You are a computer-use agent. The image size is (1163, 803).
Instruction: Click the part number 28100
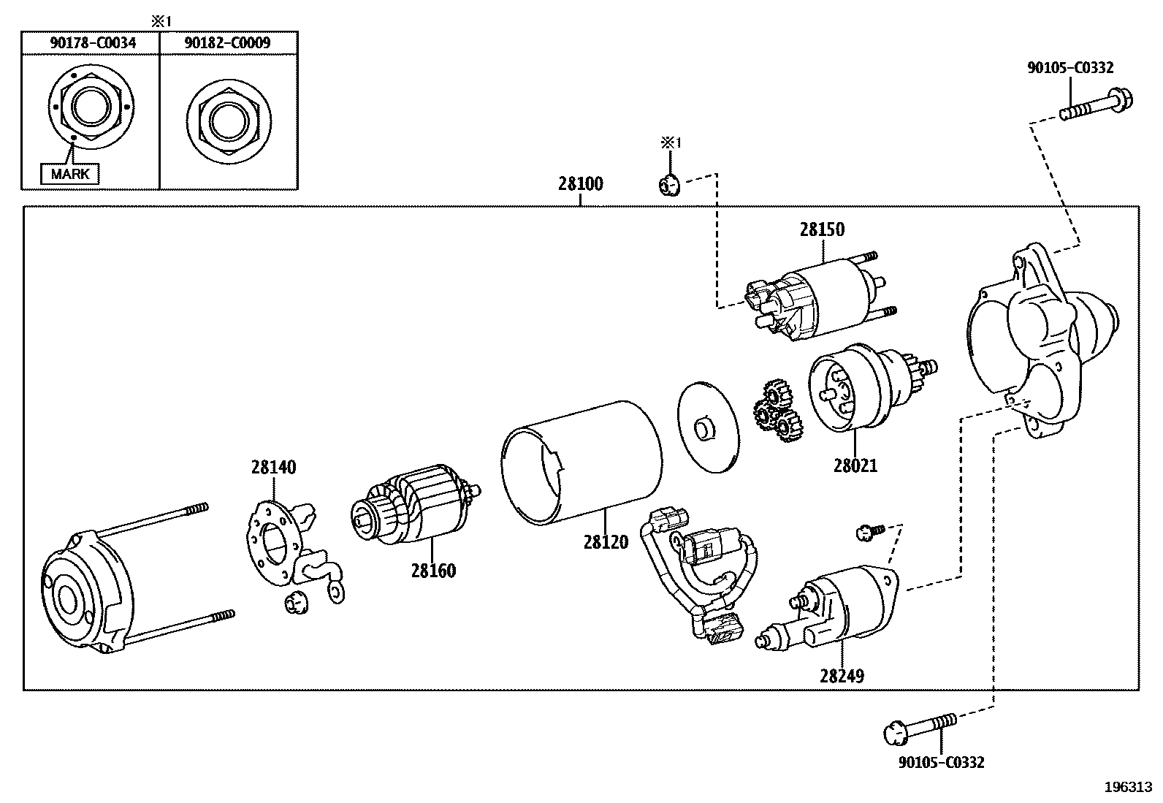pos(581,183)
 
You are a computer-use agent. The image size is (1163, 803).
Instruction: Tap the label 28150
pos(822,229)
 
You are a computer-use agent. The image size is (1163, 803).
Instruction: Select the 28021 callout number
pos(855,465)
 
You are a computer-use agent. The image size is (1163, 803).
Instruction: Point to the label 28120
pos(606,542)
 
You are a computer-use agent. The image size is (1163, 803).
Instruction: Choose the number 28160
pos(433,571)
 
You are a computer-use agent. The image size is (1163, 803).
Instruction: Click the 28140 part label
pos(274,467)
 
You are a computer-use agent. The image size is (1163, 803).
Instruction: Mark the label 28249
pos(842,676)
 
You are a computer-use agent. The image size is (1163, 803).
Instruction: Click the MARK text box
pos(70,174)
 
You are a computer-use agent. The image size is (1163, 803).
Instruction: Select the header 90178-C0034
pos(93,43)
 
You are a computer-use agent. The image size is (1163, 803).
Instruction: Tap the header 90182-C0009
pos(227,43)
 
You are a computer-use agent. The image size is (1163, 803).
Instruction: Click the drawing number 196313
pos(1128,787)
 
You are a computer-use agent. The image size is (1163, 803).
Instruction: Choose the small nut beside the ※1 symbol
pos(668,186)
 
